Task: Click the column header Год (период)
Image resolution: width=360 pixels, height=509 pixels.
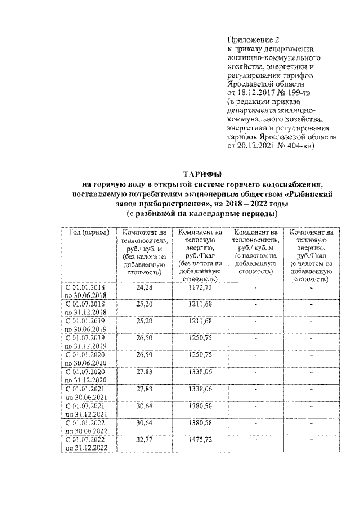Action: (x=88, y=232)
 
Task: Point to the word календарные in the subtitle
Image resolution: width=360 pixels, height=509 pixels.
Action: (x=214, y=214)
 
